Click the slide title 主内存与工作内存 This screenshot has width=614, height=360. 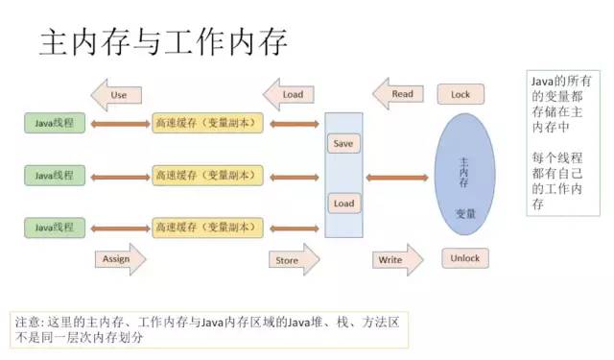pyautogui.click(x=163, y=44)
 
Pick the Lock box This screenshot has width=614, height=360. pyautogui.click(x=460, y=94)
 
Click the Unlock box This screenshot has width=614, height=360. pyautogui.click(x=464, y=257)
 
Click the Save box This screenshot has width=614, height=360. pyautogui.click(x=342, y=143)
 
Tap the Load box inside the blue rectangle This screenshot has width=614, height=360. pyautogui.click(x=342, y=204)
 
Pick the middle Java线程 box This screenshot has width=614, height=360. pyautogui.click(x=55, y=175)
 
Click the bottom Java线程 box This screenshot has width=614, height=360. pyautogui.click(x=55, y=228)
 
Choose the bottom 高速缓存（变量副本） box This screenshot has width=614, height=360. pyautogui.click(x=206, y=228)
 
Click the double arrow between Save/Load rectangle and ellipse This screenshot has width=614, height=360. pyautogui.click(x=396, y=177)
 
